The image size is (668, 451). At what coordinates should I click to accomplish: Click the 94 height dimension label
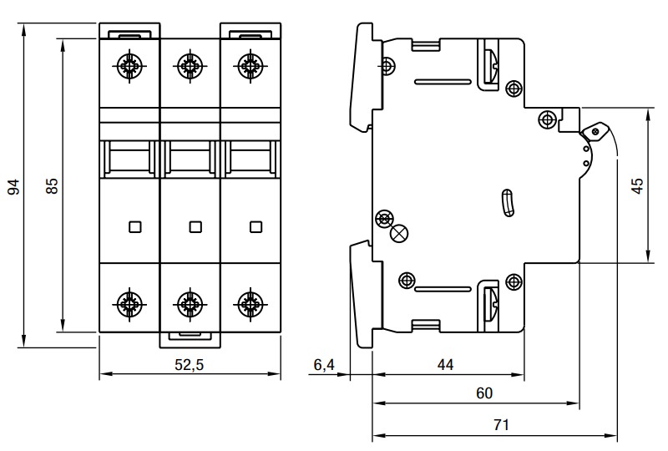click(x=13, y=186)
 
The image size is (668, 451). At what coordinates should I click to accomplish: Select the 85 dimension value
click(x=51, y=186)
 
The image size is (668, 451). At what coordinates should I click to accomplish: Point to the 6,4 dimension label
click(x=323, y=364)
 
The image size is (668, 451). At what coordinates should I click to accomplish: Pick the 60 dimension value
click(x=484, y=393)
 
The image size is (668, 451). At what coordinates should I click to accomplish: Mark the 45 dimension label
click(x=636, y=185)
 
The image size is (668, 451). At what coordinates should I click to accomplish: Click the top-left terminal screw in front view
click(x=129, y=64)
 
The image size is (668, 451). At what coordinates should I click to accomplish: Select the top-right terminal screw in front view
click(x=248, y=64)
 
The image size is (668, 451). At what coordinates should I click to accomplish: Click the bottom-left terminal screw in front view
click(x=129, y=302)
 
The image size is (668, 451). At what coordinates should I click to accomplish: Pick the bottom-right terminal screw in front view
click(x=248, y=302)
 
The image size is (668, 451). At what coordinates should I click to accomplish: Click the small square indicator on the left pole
click(x=135, y=225)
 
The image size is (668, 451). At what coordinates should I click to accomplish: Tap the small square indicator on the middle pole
click(x=195, y=225)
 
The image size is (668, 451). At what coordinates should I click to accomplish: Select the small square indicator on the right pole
click(x=256, y=225)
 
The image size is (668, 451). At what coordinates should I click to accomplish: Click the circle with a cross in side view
click(x=399, y=235)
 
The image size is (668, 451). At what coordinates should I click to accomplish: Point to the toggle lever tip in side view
click(x=595, y=130)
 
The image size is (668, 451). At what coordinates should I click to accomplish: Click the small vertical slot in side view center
click(x=506, y=203)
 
